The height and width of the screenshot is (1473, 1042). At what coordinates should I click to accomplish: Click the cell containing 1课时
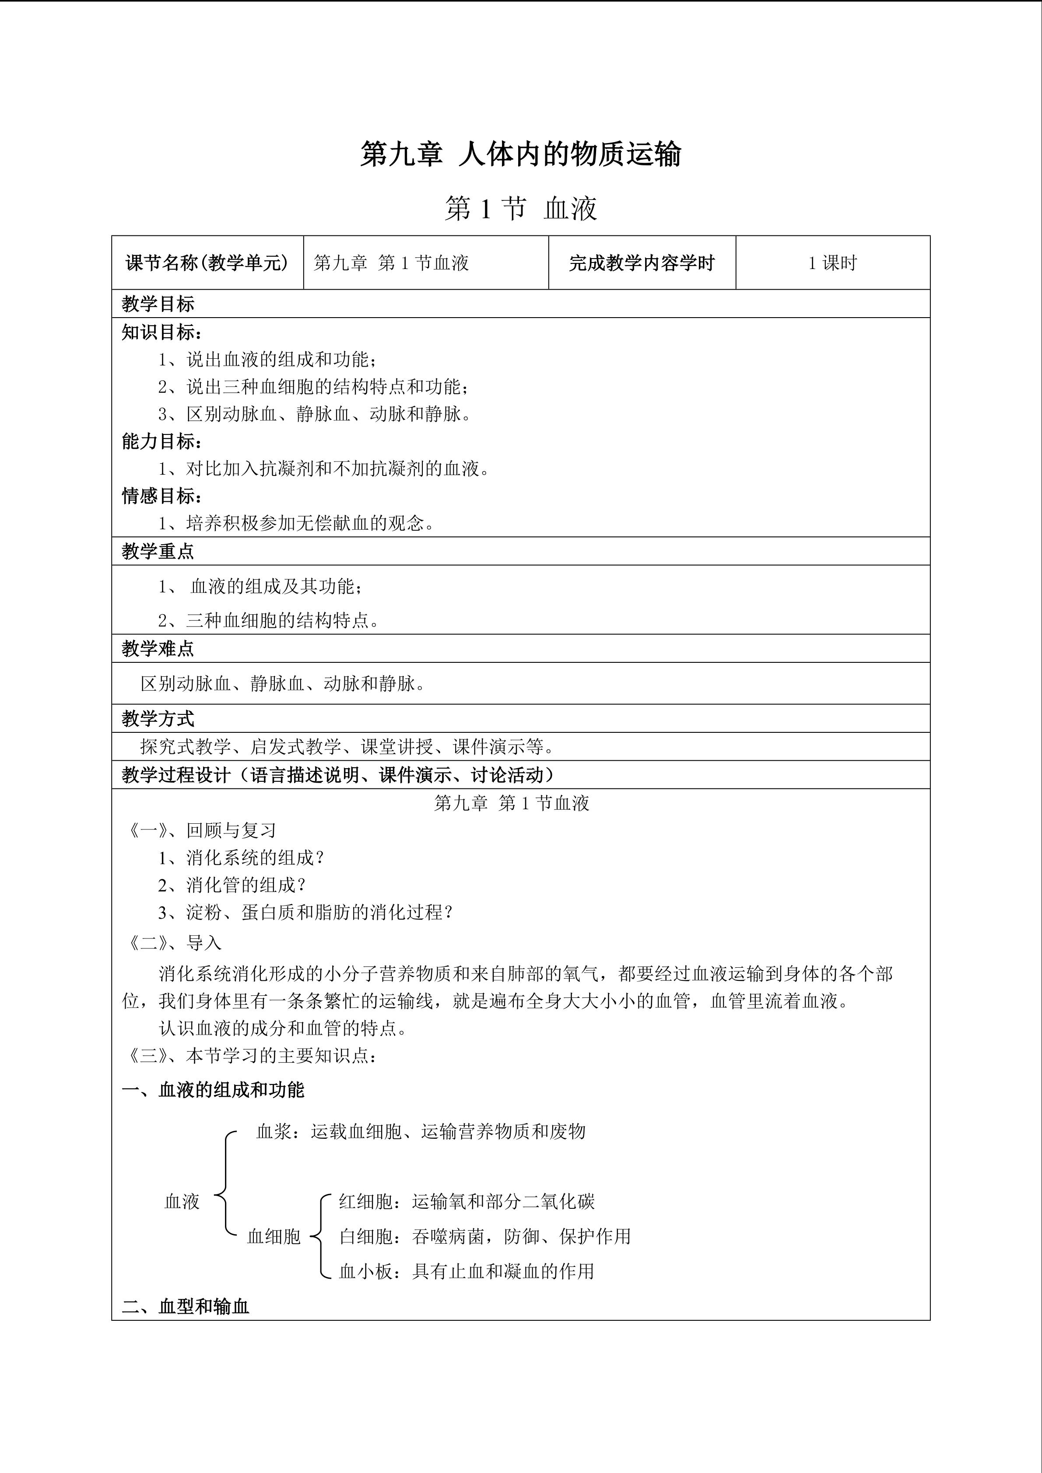[x=832, y=263]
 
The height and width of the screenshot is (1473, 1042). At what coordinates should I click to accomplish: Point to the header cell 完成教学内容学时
[x=641, y=263]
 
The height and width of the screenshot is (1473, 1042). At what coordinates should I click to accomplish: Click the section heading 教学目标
[x=158, y=304]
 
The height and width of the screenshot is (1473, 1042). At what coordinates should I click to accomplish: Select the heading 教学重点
[x=158, y=552]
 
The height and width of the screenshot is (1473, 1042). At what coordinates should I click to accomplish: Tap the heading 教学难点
[x=158, y=649]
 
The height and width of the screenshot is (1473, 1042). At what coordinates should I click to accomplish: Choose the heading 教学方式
[x=158, y=719]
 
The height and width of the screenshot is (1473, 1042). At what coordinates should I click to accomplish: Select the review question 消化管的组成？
[x=232, y=885]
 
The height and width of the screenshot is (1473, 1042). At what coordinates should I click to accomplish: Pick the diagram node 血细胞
[x=274, y=1236]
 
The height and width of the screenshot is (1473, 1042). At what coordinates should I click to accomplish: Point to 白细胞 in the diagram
[x=366, y=1236]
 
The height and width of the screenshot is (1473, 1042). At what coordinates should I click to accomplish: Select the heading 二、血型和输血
[x=186, y=1307]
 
